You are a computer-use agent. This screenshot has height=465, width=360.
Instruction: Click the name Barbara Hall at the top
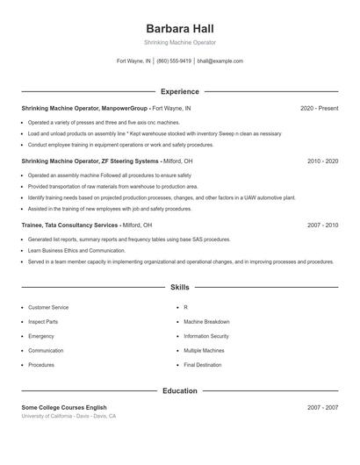(179, 28)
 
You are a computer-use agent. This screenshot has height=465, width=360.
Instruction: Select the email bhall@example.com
(220, 61)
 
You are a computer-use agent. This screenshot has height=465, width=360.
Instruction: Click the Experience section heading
(179, 91)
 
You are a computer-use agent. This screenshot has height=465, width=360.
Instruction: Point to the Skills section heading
(179, 287)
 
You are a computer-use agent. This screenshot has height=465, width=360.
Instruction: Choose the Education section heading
(179, 390)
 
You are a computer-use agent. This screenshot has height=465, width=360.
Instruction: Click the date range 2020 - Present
(320, 108)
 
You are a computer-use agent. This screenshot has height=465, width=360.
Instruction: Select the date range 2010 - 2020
(322, 161)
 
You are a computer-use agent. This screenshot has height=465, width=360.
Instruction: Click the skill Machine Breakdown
(206, 322)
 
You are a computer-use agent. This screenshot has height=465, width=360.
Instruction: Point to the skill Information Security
(206, 336)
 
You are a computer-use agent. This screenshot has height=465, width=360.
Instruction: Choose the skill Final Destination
(203, 364)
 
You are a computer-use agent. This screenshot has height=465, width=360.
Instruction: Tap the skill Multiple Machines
(204, 350)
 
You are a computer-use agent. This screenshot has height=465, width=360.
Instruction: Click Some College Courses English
(64, 407)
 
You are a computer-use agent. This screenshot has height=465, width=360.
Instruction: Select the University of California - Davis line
(68, 416)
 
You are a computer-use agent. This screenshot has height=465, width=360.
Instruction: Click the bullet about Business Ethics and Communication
(76, 250)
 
